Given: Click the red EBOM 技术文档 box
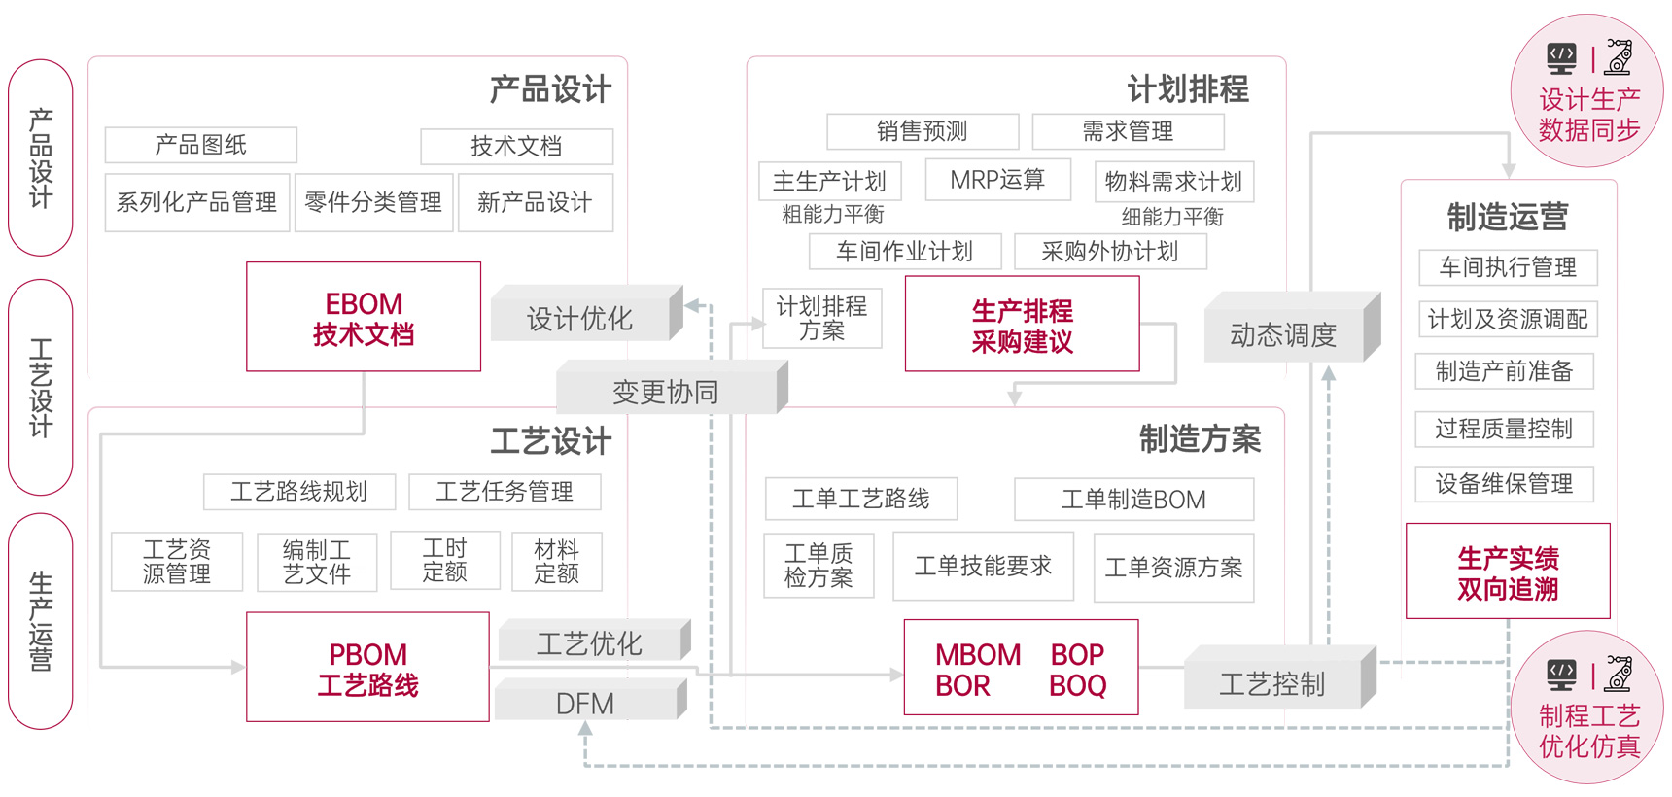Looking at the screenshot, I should point(364,317).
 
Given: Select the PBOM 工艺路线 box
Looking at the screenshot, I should point(367,668).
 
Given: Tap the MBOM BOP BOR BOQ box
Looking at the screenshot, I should point(1021,668).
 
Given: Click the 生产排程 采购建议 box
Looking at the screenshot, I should point(1022,325).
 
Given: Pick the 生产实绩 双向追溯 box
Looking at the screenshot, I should point(1508,572).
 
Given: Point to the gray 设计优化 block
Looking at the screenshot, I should point(579,318).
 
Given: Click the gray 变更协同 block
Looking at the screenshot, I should point(666,392).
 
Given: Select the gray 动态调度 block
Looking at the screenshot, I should point(1283,334).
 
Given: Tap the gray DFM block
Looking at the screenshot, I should point(585,703).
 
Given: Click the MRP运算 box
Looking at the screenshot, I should point(997,180).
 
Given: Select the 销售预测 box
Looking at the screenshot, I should point(923,131).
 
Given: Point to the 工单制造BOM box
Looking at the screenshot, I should point(1133,500).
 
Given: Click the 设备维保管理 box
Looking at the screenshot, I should point(1504,483).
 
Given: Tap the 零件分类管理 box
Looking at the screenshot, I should point(373,202).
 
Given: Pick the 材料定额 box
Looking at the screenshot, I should point(557,562).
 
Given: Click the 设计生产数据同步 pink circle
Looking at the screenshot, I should point(1587,91).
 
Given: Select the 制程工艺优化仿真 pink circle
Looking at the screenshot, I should point(1587,708).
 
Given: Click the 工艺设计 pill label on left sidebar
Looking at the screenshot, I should point(41,387).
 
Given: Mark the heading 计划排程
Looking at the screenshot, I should point(1188,89).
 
